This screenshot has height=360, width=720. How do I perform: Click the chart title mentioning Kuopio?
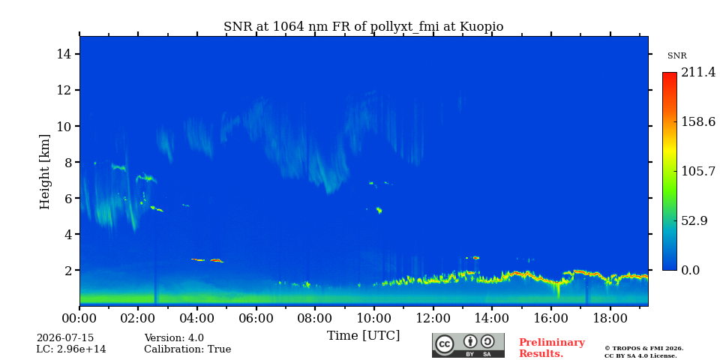[363, 27]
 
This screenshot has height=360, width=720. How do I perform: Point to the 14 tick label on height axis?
[66, 54]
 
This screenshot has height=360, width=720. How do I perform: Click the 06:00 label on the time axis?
[256, 318]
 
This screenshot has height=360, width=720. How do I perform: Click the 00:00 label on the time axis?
[80, 318]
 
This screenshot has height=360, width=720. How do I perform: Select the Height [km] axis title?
[44, 172]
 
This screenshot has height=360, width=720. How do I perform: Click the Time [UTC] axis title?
[363, 336]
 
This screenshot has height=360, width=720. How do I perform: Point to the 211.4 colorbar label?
[698, 73]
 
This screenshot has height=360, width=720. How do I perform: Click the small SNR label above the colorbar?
[676, 56]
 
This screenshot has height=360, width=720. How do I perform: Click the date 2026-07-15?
[65, 338]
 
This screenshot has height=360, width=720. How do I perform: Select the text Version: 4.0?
[174, 338]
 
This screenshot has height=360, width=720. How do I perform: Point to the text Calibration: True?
[187, 349]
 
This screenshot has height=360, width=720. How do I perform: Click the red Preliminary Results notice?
[552, 348]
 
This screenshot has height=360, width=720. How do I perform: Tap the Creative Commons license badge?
[468, 345]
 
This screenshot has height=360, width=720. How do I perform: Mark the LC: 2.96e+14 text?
[71, 349]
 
